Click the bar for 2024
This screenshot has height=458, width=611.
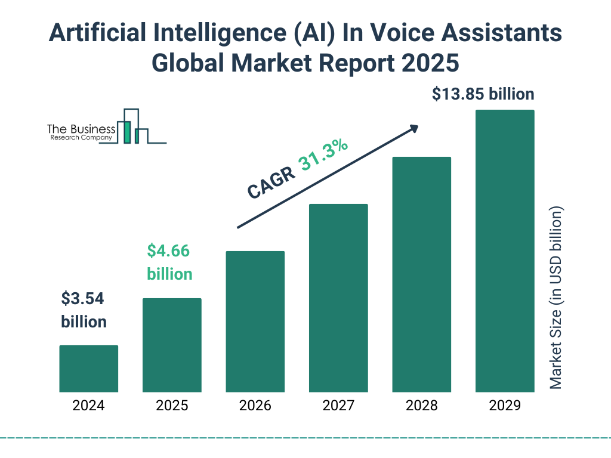point(88,369)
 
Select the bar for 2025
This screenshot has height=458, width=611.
point(172,345)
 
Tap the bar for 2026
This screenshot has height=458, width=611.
point(255,321)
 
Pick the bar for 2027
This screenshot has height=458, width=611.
point(338,298)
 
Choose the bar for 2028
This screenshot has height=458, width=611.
point(421,274)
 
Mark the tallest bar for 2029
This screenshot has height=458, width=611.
point(505,251)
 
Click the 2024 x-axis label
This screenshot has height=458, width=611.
point(88,406)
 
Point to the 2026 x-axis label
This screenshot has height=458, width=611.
point(255,406)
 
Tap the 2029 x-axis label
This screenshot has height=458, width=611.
point(505,406)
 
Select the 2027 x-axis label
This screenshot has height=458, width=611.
point(338,406)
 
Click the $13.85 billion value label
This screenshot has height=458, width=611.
point(483,94)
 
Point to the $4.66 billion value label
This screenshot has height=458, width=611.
point(169,262)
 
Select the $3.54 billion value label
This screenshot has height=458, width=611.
point(84,310)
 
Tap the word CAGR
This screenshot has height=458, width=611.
point(271,182)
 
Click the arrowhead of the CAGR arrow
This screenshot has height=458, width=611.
point(413,128)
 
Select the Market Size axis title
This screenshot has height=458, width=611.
point(556,298)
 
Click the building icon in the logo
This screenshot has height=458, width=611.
point(131,126)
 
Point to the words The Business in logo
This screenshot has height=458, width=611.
point(81,129)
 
